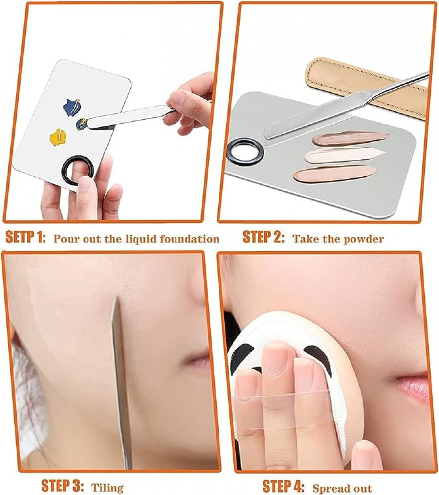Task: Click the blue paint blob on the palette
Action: tap(72, 107)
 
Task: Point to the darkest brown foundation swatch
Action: tap(350, 138)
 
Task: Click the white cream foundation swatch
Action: tap(344, 155)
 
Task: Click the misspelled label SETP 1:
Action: tap(26, 237)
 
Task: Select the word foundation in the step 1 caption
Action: tap(189, 239)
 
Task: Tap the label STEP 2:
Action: tap(263, 237)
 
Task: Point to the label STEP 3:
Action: tap(62, 485)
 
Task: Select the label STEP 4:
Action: tap(284, 486)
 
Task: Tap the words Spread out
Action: tap(342, 488)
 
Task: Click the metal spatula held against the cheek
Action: tap(121, 382)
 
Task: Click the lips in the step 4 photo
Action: tap(413, 387)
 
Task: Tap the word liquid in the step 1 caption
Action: tap(141, 239)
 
